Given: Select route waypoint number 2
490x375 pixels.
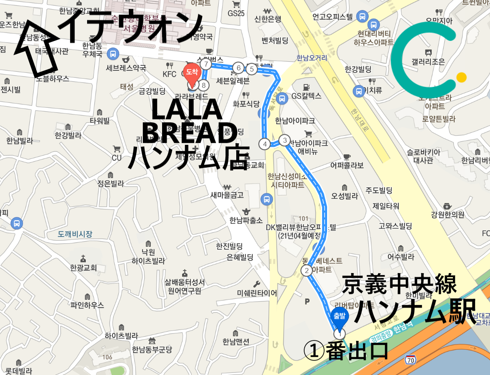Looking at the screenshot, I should coord(307,271).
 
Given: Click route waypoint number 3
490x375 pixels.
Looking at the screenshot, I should coord(285,140).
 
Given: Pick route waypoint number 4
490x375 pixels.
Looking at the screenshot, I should coord(265,144).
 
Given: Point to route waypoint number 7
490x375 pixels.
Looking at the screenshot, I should coord(205,64).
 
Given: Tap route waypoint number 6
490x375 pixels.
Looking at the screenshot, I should coord(238,68).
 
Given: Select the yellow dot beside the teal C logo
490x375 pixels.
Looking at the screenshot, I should coord(461,77).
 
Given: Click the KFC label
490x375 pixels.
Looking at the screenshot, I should coord(170,75).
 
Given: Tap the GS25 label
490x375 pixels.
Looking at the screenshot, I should coord(236,13).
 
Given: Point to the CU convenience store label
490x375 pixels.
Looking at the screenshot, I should coord(117,158).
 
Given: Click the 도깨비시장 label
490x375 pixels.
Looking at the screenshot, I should coord(75,234).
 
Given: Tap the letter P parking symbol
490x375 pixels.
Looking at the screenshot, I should coord(307,301).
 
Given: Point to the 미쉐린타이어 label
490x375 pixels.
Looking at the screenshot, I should coord(257,293).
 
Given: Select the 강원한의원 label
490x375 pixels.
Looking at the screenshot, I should coord(448,215).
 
